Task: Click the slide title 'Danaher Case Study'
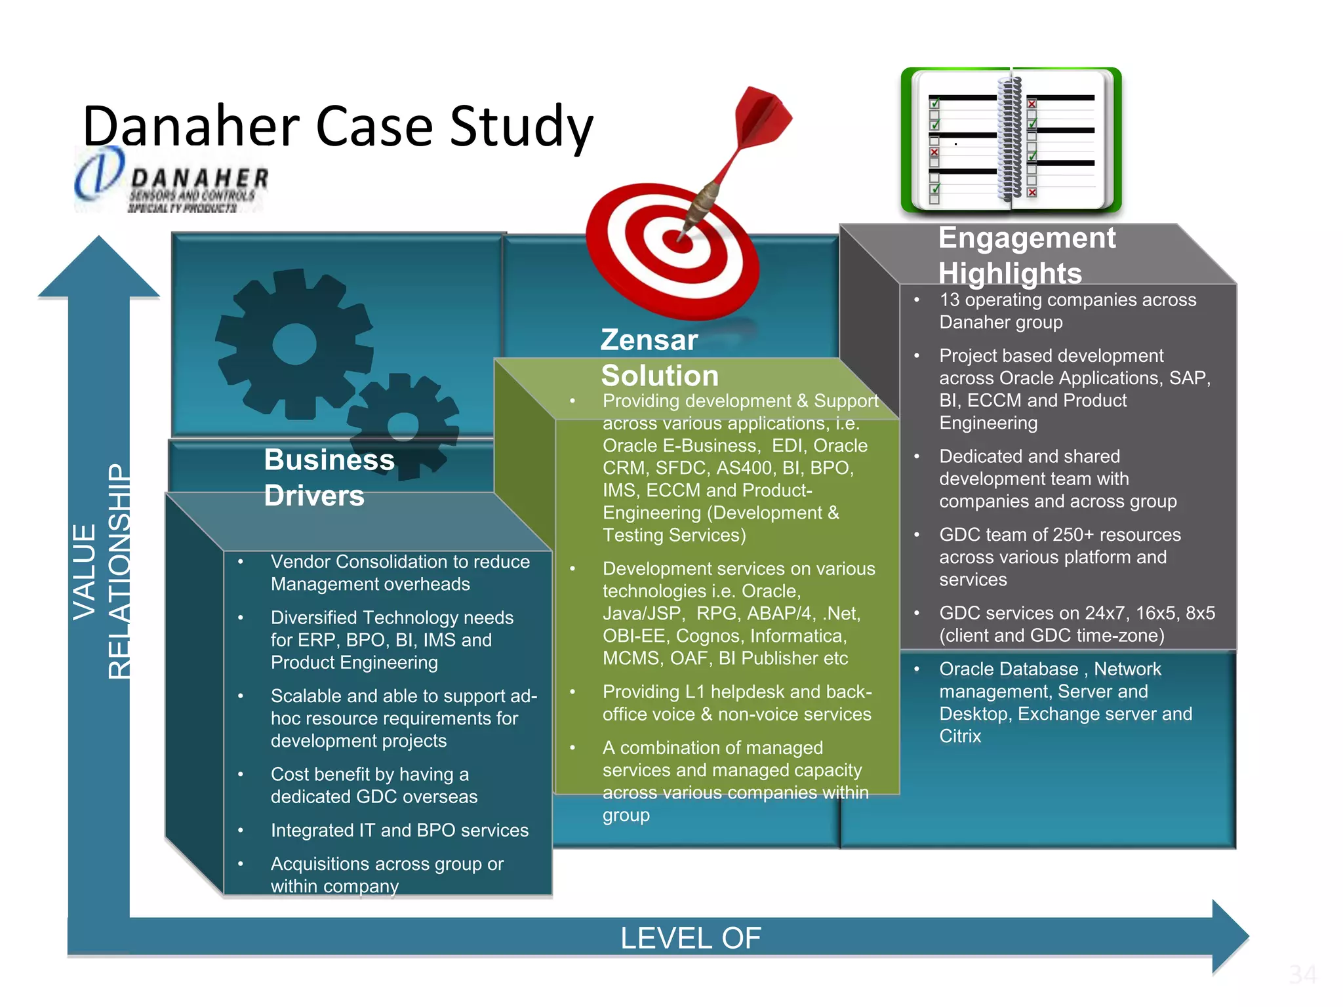(338, 126)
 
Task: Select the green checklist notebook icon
(1011, 140)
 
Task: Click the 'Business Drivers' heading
(329, 477)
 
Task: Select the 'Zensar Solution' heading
(659, 357)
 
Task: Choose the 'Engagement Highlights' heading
(1026, 255)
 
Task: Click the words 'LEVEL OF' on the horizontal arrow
(691, 938)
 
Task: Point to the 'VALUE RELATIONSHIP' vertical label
(102, 571)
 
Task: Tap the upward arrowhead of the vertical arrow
(99, 269)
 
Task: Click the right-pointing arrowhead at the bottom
(1230, 936)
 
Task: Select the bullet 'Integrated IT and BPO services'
(399, 830)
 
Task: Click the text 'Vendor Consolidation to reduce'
(400, 562)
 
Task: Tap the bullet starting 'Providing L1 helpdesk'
(737, 703)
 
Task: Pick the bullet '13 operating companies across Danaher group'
(1067, 311)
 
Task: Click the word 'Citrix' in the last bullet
(960, 736)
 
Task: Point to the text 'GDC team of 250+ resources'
(1060, 535)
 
